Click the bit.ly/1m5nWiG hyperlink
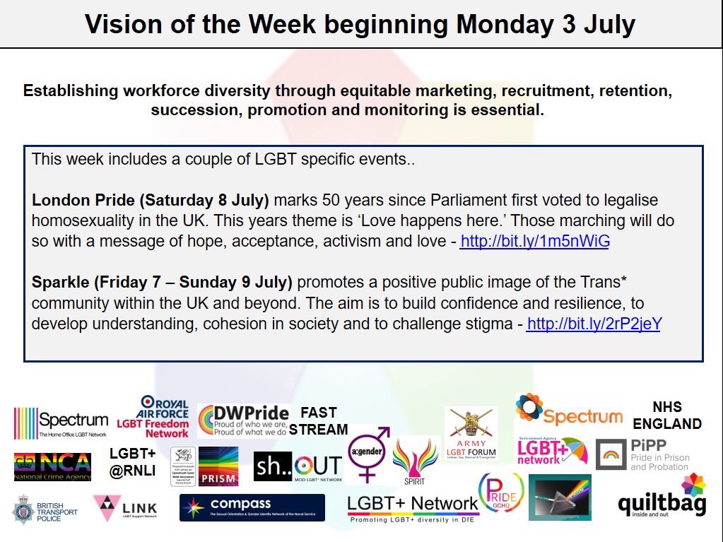534,242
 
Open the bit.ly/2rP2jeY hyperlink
594,324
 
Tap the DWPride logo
243,421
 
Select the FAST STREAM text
319,420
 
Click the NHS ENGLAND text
666,416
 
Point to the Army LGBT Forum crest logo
471,432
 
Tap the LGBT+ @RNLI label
133,463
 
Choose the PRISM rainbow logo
218,466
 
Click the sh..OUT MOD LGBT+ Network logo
298,466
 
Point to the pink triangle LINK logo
125,508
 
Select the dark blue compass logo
252,507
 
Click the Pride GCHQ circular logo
501,493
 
